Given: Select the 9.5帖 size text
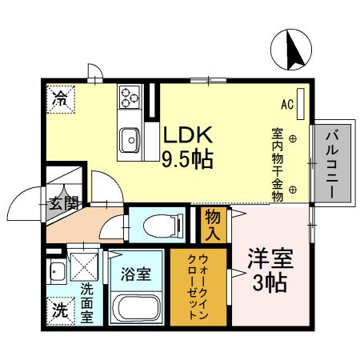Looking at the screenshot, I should point(188,159).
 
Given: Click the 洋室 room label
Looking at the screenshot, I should point(270,260).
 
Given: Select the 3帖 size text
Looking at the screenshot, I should point(270,283).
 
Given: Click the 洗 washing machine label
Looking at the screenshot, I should point(60,309).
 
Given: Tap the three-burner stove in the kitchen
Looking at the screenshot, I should point(130,98).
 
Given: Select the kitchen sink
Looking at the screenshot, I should point(129,142).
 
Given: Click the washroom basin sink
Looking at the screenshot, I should point(57,271).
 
